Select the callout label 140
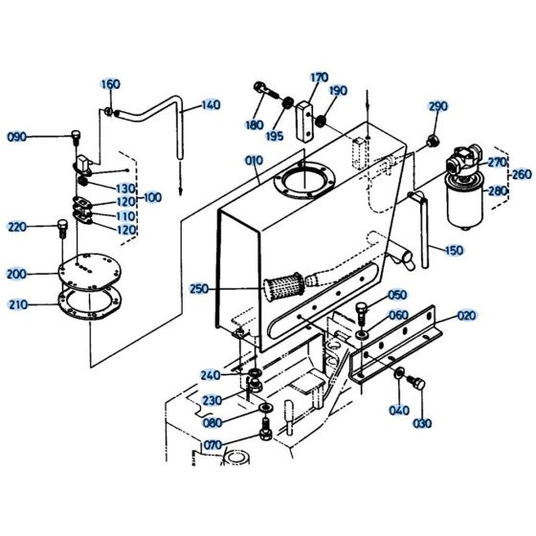(210, 105)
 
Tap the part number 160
(110, 84)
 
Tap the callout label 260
(522, 175)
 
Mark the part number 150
(455, 251)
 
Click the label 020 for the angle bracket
(466, 315)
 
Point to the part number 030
(422, 423)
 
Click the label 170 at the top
(319, 78)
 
